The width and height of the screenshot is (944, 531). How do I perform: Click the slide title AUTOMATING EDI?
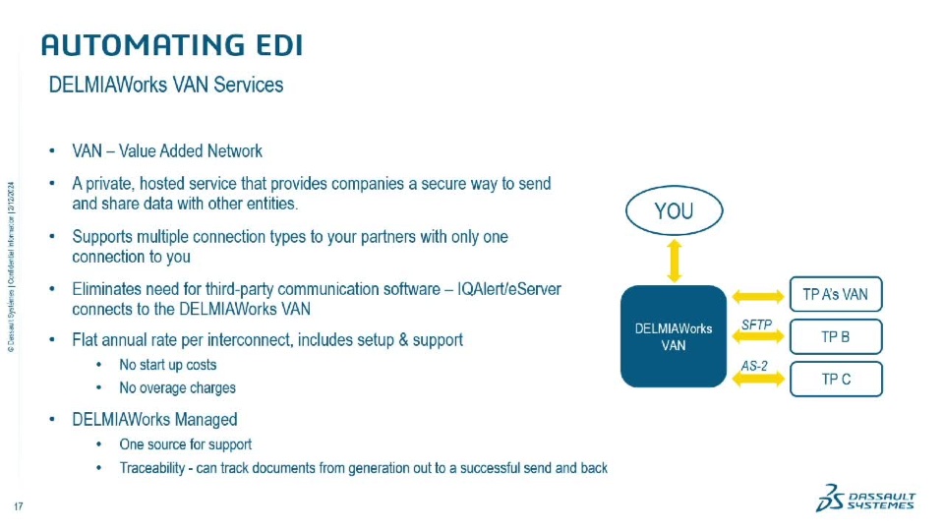(x=171, y=45)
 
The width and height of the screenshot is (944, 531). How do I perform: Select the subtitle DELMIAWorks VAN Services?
(x=166, y=86)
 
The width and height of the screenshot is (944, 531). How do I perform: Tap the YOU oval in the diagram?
(x=674, y=210)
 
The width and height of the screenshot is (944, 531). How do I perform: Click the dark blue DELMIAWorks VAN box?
(x=674, y=336)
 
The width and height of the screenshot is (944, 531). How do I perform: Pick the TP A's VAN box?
(x=836, y=294)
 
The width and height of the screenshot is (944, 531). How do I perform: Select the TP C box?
(x=836, y=379)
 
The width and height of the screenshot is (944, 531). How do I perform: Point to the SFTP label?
(x=756, y=324)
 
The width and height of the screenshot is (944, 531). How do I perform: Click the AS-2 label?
(x=754, y=366)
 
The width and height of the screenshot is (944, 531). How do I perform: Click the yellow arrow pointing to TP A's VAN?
(x=757, y=295)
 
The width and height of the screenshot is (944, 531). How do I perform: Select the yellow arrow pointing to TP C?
(x=757, y=380)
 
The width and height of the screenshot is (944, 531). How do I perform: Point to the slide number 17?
(x=18, y=506)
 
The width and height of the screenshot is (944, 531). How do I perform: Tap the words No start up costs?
(x=168, y=365)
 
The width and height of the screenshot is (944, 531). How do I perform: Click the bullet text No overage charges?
(x=177, y=387)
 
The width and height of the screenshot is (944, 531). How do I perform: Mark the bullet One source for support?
(x=185, y=443)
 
